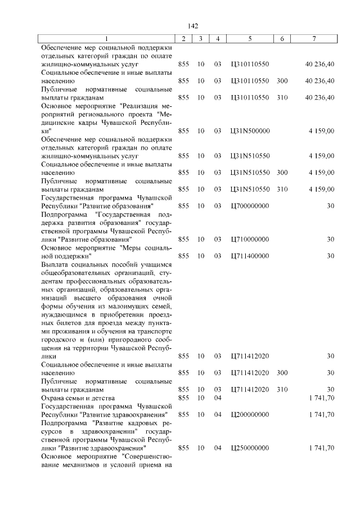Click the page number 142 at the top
pyautogui.click(x=193, y=26)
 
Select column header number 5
pyautogui.click(x=250, y=38)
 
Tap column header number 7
pyautogui.click(x=314, y=38)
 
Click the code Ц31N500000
pyautogui.click(x=250, y=130)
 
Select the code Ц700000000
pyautogui.click(x=250, y=206)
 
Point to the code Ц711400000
pyautogui.click(x=250, y=256)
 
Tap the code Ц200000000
pyautogui.click(x=250, y=415)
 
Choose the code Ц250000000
pyautogui.click(x=250, y=448)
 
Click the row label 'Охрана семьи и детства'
pyautogui.click(x=78, y=398)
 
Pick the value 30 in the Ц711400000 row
pyautogui.click(x=331, y=256)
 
